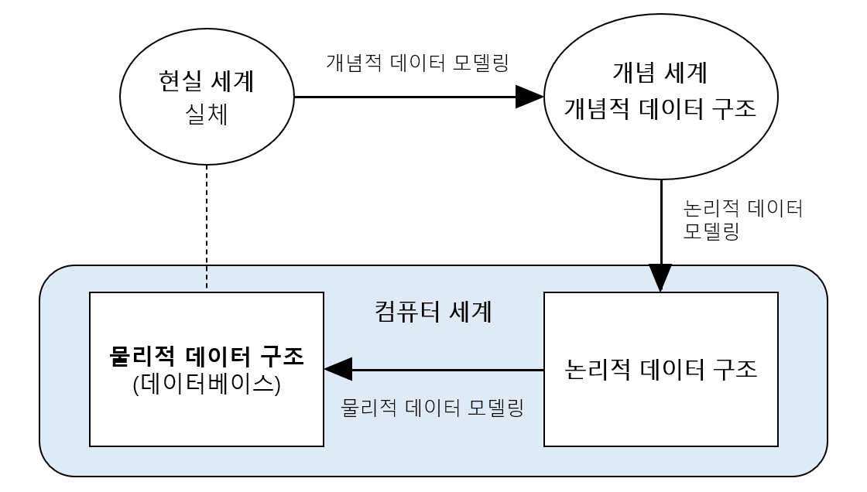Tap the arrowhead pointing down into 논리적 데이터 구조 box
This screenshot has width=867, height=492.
pos(660,278)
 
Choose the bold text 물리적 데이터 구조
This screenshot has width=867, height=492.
pos(206,357)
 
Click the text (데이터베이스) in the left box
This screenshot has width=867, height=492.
pos(206,384)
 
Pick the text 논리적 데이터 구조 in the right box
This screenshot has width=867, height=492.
pos(660,368)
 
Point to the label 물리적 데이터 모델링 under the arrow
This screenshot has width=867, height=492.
pos(433,407)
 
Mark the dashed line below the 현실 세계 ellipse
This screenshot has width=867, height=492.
pos(207,228)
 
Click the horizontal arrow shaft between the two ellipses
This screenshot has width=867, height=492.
pos(403,97)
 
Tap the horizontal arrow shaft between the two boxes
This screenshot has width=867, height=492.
pos(449,370)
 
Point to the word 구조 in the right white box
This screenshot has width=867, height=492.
pos(730,368)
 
